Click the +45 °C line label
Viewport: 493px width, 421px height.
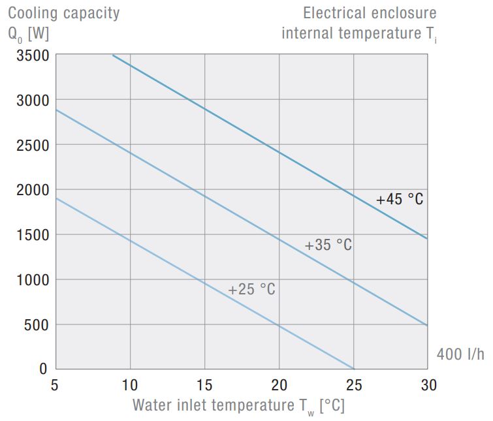click(x=400, y=199)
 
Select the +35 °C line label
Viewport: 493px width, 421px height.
click(x=328, y=245)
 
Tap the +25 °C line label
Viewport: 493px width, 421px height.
click(x=251, y=289)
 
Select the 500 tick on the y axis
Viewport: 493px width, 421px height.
click(x=35, y=324)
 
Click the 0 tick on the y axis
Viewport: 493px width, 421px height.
click(x=44, y=369)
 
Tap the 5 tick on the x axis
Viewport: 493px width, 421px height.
click(x=56, y=385)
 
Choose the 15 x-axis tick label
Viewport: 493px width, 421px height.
click(x=204, y=385)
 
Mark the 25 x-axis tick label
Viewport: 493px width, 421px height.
click(x=353, y=385)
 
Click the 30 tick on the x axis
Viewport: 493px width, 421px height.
click(x=428, y=385)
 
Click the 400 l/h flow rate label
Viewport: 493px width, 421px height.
click(x=460, y=354)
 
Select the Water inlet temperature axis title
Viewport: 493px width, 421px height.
click(x=238, y=405)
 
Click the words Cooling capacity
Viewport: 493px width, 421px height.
click(x=63, y=13)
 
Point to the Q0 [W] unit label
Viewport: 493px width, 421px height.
click(x=28, y=33)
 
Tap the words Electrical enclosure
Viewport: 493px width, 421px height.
click(x=370, y=13)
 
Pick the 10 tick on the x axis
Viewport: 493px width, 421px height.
click(x=130, y=385)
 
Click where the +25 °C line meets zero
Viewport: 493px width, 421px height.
click(x=353, y=369)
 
